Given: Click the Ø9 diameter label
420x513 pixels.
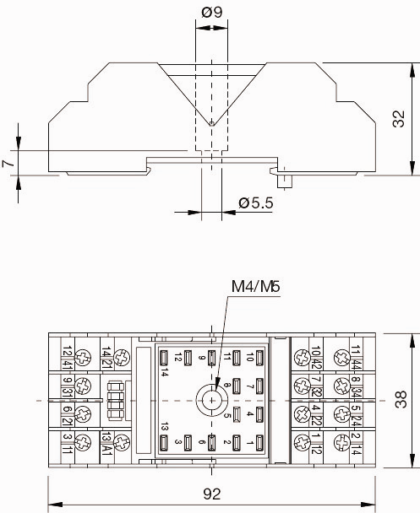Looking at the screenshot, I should (x=211, y=13).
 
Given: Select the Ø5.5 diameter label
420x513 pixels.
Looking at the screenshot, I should (x=255, y=202).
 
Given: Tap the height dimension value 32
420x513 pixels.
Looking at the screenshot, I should (x=399, y=119).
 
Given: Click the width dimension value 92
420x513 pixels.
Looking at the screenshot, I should (x=211, y=494).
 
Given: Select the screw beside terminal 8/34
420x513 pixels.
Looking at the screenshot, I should (x=342, y=386).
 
